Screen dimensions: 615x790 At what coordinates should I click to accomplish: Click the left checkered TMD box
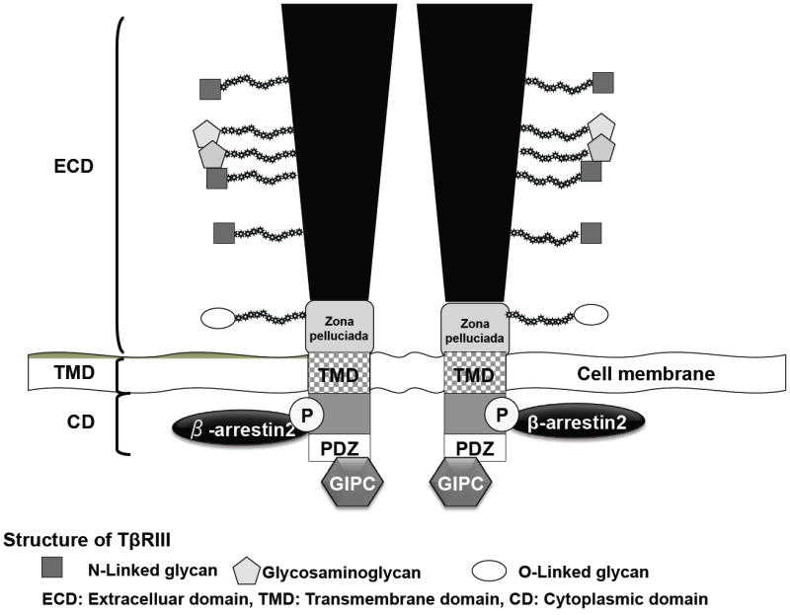pos(341,375)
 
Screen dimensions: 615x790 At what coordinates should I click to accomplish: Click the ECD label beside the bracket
pos(73,167)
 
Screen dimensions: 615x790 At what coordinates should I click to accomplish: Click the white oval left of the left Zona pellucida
pos(219,318)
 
